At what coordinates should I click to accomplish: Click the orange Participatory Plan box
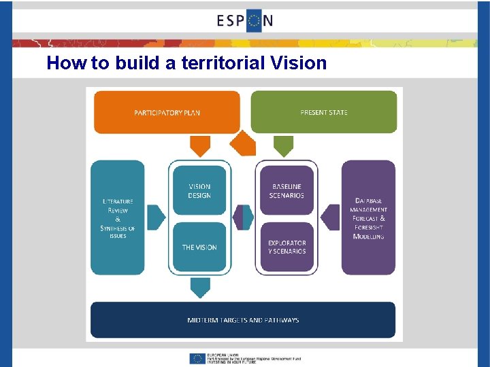(x=167, y=112)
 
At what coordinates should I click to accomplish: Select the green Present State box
(x=323, y=112)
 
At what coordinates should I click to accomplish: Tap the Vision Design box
(x=199, y=191)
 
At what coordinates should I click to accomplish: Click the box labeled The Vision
(x=199, y=247)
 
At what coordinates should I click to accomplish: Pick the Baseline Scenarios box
(x=287, y=191)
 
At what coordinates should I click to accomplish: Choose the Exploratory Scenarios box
(x=287, y=247)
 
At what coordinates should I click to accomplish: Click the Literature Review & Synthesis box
(x=118, y=217)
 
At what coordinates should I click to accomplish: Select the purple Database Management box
(x=368, y=217)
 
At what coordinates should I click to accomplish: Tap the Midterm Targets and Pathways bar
(x=243, y=320)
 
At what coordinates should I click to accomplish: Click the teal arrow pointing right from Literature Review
(x=156, y=217)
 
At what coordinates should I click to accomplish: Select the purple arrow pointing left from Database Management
(x=331, y=217)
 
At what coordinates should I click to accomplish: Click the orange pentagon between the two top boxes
(x=243, y=143)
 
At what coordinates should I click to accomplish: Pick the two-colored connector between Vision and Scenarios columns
(x=243, y=217)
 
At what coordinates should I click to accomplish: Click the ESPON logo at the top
(x=245, y=20)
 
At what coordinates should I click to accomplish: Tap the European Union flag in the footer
(x=198, y=358)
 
